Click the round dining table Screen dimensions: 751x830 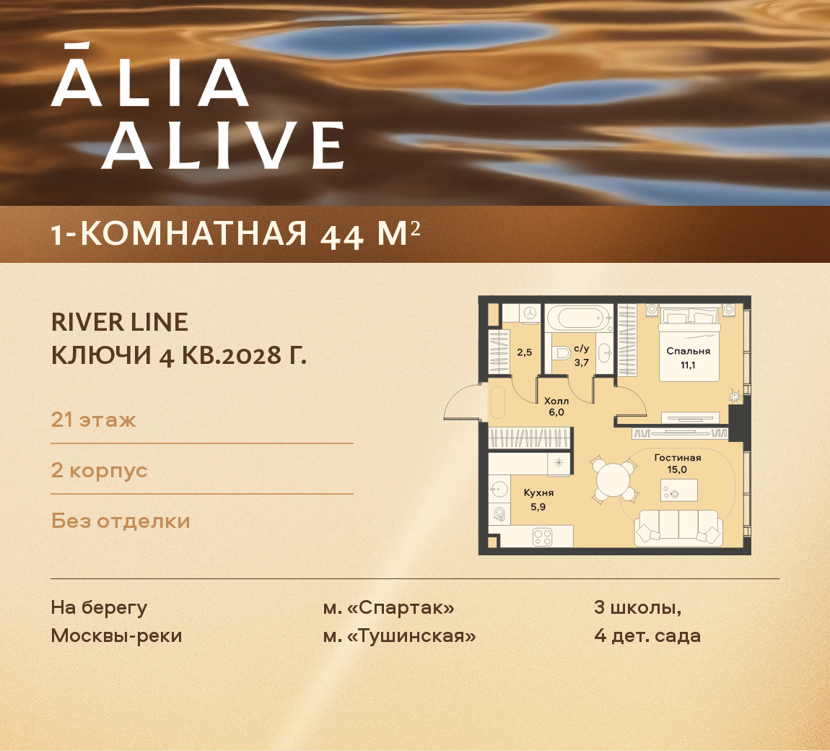613,479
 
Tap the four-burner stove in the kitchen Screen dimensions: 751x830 542,537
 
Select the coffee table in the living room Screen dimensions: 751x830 679,491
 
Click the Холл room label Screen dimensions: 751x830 556,401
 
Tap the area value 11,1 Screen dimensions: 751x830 688,365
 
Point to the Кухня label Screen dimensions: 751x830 538,492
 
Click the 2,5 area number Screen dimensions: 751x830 525,352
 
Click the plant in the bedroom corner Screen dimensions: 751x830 734,395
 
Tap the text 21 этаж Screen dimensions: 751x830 94,420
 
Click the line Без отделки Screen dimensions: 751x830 121,521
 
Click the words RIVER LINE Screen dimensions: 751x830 120,322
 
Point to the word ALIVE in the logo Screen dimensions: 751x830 222,145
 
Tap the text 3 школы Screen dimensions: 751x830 637,607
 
